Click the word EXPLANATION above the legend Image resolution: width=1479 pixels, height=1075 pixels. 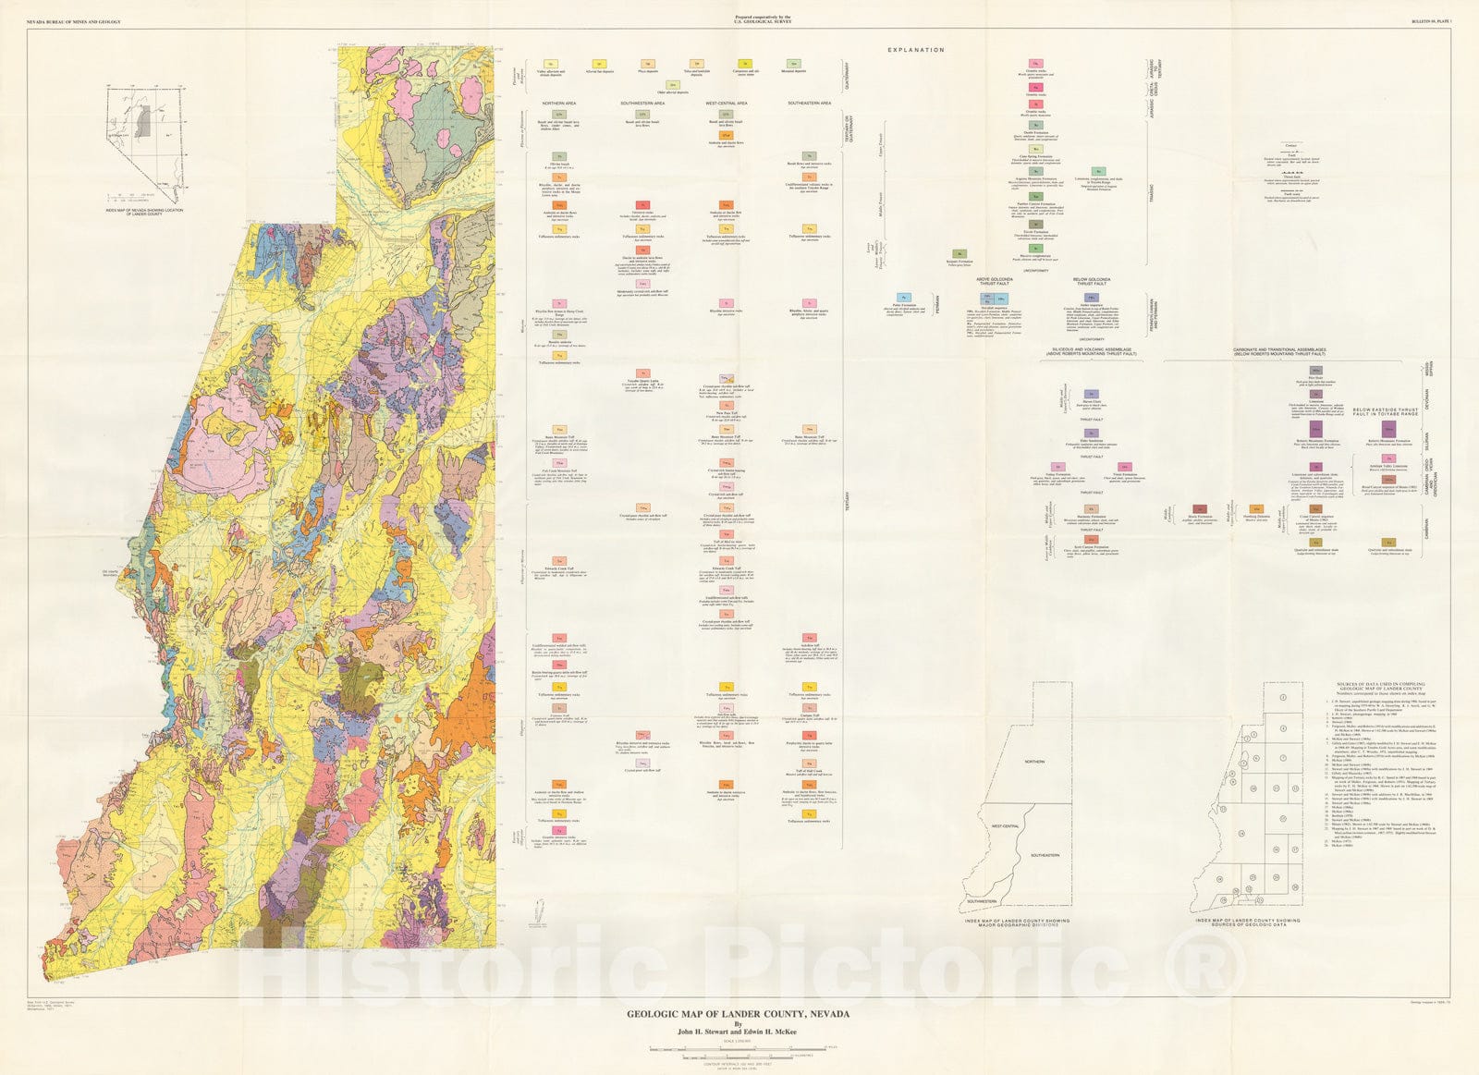[x=915, y=50]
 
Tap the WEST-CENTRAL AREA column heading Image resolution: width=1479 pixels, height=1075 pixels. [x=726, y=103]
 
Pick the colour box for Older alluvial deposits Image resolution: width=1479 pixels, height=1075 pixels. [x=674, y=85]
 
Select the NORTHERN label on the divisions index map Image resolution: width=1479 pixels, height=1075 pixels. [x=1033, y=762]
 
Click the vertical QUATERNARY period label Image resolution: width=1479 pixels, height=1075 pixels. [x=860, y=69]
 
